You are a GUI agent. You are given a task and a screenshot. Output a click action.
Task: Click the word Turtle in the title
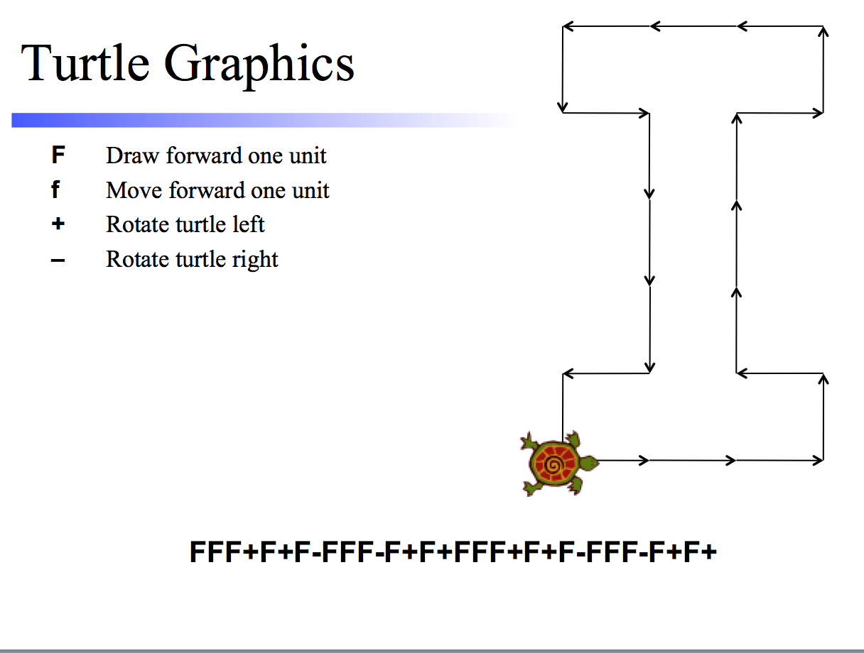point(85,63)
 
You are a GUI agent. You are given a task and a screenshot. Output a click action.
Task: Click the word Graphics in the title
point(259,65)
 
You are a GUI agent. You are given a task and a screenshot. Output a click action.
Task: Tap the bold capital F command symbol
point(58,155)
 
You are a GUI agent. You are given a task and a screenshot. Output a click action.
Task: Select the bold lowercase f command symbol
point(55,190)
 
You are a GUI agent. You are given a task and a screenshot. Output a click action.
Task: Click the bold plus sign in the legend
point(58,224)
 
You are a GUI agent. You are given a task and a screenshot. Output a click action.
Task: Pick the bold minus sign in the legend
point(58,260)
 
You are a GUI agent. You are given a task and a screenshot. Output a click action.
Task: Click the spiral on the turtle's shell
point(553,465)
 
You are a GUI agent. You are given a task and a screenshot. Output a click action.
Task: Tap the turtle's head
point(589,463)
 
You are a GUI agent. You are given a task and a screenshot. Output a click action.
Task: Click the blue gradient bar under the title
point(264,120)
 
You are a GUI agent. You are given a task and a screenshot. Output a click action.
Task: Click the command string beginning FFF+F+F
point(453,552)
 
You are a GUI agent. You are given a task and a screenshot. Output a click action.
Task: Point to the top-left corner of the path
point(563,26)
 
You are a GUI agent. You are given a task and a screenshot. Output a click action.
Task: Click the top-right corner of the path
point(823,26)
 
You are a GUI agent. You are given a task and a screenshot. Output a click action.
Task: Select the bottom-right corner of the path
point(823,461)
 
